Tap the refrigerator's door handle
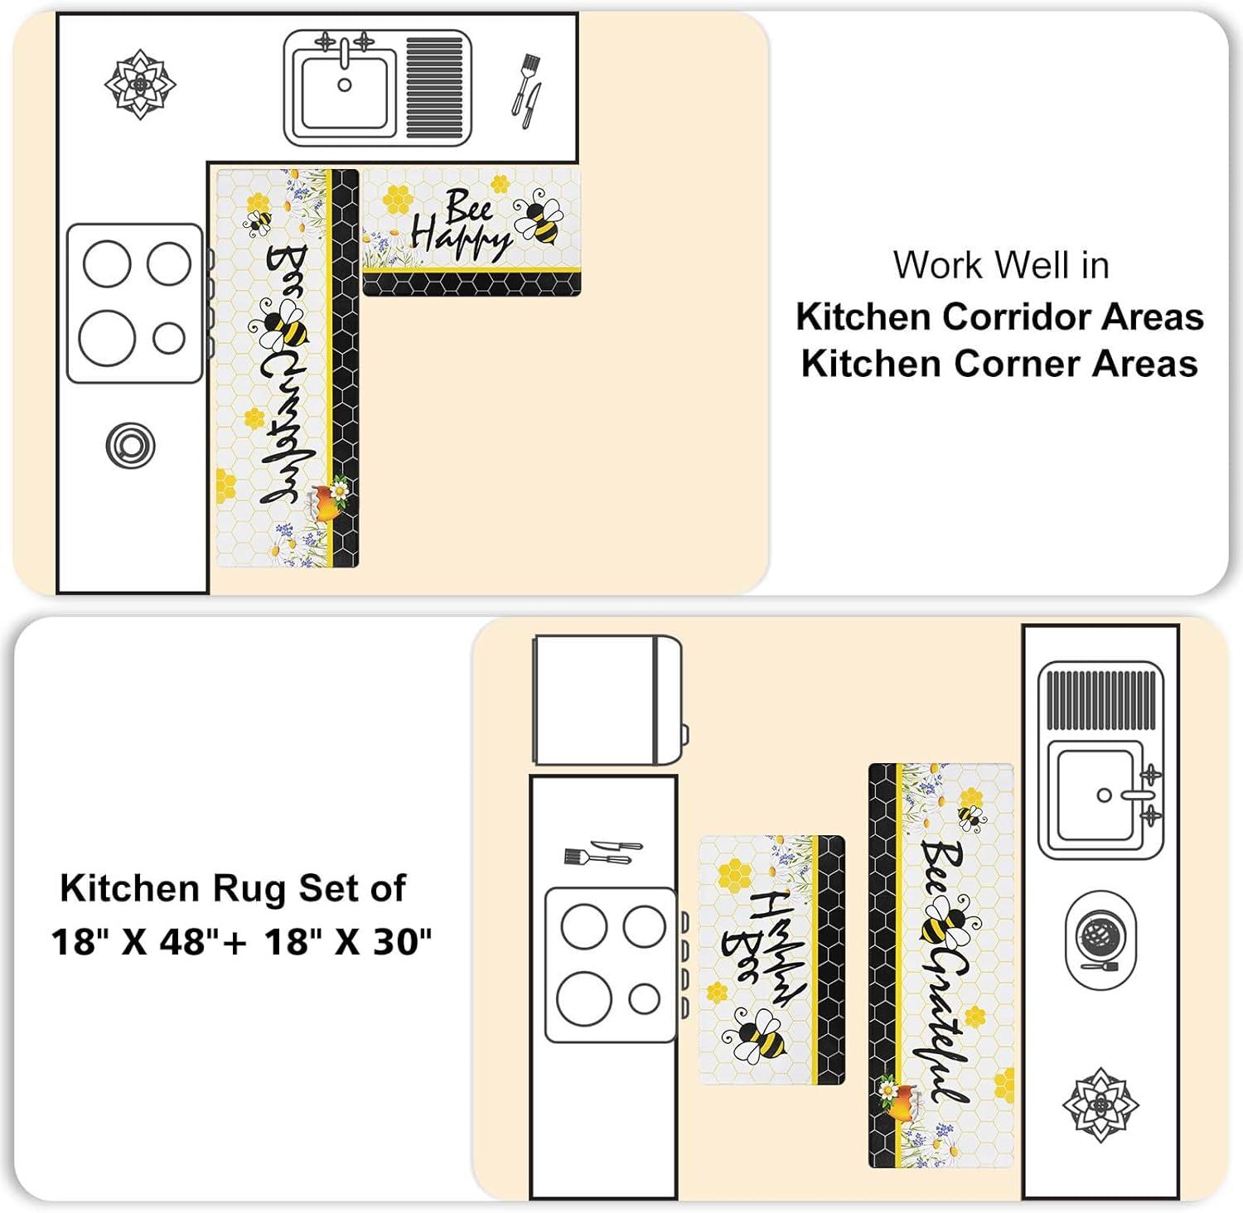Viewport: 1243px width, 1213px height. tap(684, 733)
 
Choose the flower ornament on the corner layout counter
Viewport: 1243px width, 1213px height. tap(140, 84)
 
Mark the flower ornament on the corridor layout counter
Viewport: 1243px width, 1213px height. tap(1100, 1105)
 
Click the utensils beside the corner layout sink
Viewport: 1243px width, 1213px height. tap(526, 90)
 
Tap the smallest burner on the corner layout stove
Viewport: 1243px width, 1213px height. tap(169, 338)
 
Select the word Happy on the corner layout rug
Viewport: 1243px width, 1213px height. tap(461, 239)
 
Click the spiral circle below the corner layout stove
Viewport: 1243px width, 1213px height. tap(130, 446)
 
